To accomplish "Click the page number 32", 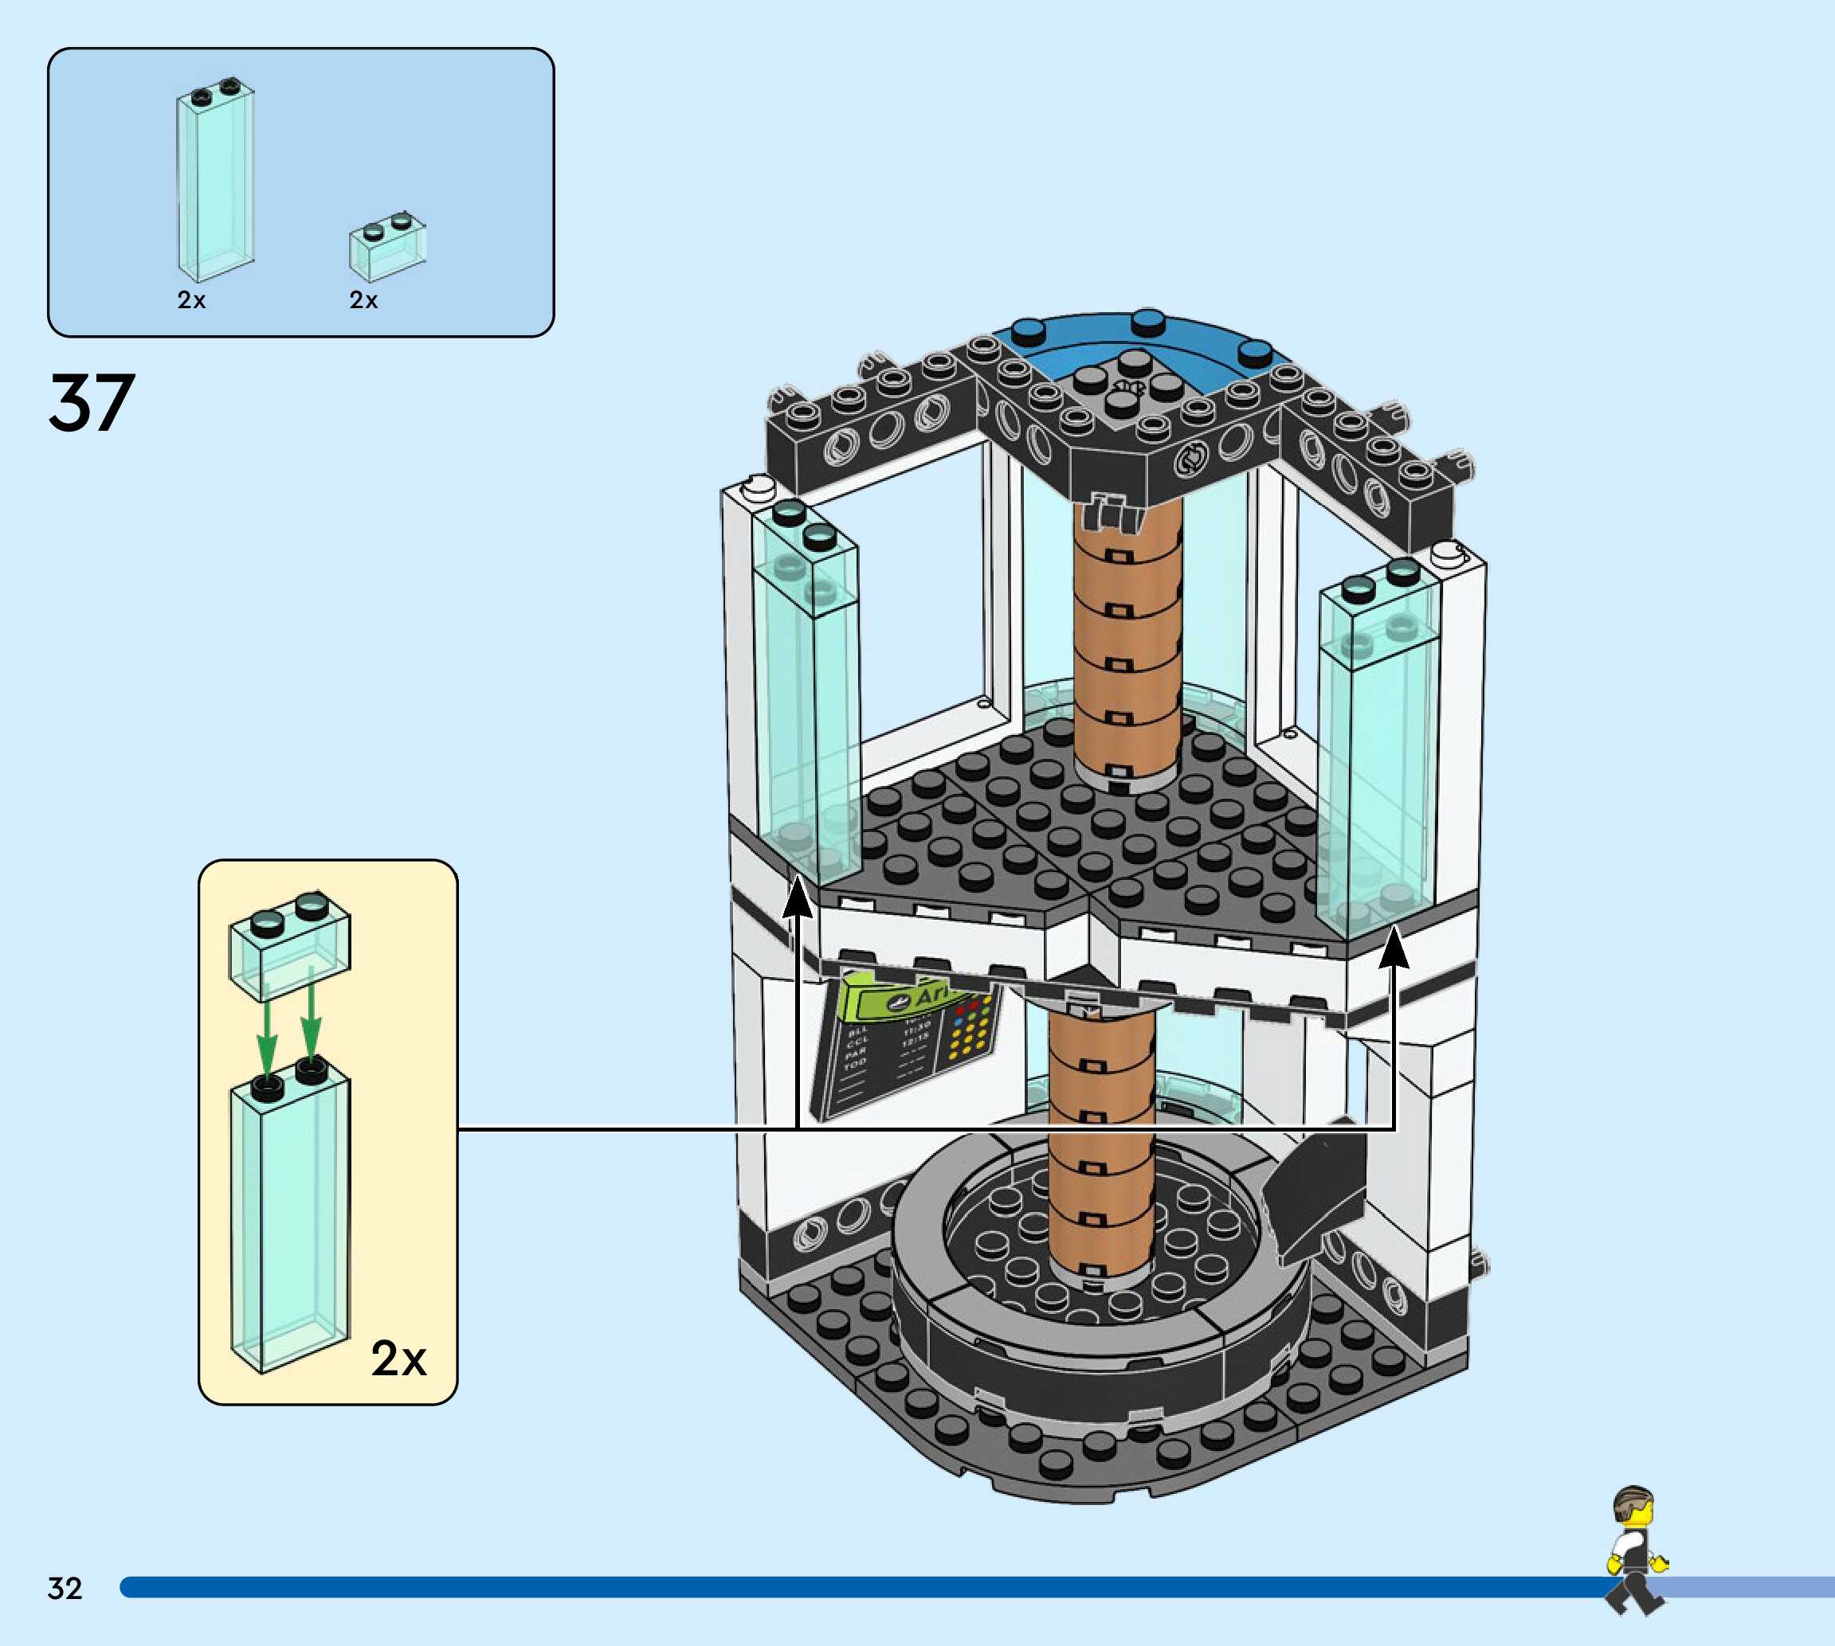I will [x=65, y=1588].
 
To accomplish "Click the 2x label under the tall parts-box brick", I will [x=191, y=300].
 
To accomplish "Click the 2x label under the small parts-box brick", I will [x=363, y=300].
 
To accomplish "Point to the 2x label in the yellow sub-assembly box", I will [x=398, y=1359].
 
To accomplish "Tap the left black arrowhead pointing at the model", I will [x=797, y=899].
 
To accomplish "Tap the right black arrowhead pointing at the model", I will [x=1394, y=948].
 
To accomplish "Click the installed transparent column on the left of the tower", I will [x=806, y=696].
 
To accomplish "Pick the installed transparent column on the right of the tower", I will [x=1375, y=751].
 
